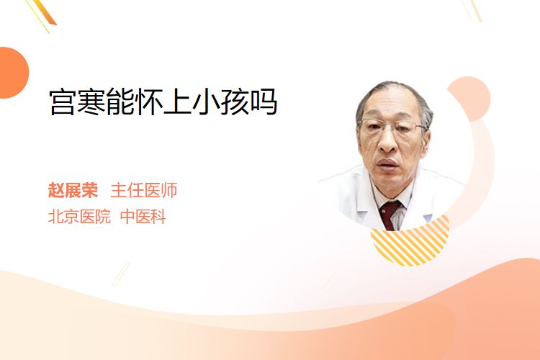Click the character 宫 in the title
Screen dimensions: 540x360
[62, 102]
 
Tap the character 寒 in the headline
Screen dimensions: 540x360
[91, 102]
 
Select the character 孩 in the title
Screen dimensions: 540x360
[235, 102]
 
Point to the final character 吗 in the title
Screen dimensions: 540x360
[264, 102]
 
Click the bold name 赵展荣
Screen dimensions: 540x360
[73, 190]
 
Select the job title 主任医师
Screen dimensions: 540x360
[144, 190]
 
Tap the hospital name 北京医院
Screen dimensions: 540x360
[79, 217]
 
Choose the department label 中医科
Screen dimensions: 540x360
[143, 217]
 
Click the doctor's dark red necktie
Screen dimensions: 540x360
[390, 215]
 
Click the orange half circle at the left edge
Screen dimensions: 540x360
[14, 73]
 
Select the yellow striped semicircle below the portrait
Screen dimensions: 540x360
[410, 243]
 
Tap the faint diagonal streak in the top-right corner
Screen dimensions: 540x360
[475, 10]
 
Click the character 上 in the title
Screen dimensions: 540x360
[177, 102]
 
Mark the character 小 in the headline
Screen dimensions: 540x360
[206, 102]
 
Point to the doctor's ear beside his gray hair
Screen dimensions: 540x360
[426, 137]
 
